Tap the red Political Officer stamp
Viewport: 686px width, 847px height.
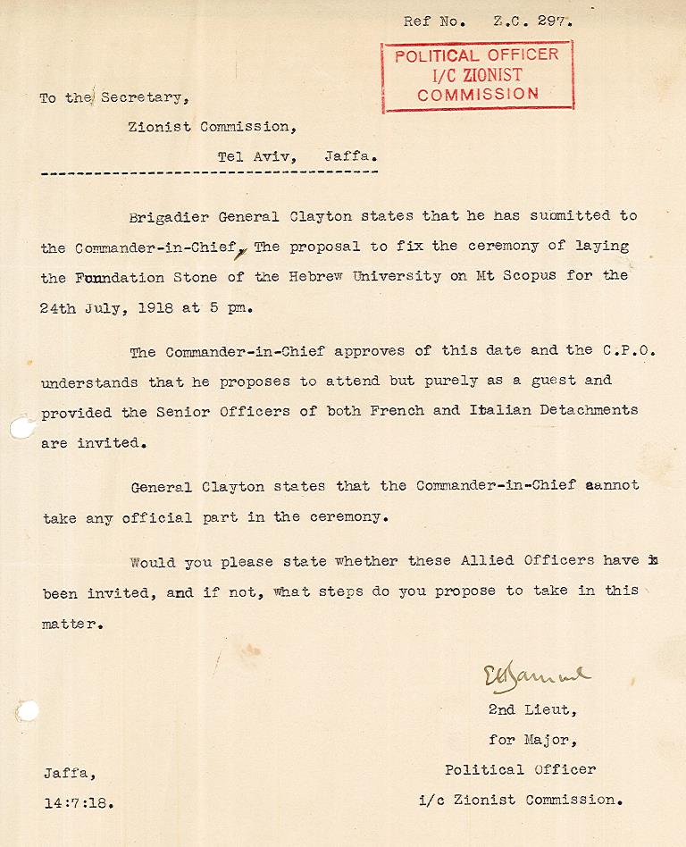(x=477, y=75)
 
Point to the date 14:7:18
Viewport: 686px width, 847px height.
(x=79, y=802)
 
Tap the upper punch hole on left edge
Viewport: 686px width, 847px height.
(x=20, y=429)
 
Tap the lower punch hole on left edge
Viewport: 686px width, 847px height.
(x=28, y=712)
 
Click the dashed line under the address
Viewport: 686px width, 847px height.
(x=209, y=172)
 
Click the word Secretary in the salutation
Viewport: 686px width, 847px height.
(x=145, y=97)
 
